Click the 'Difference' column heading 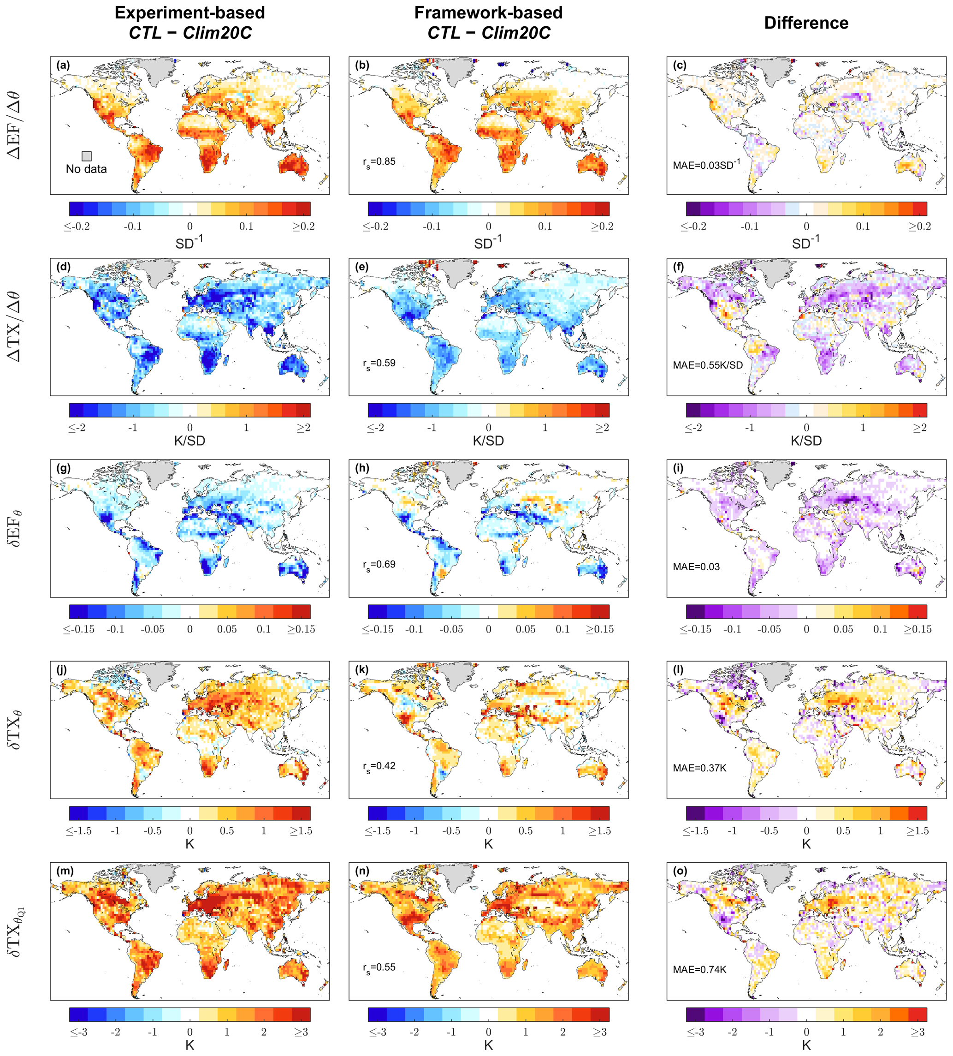tap(806, 23)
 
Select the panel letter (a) tap(63, 66)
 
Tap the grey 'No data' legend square tap(86, 156)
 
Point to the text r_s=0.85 tap(379, 162)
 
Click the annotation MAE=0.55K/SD tap(707, 365)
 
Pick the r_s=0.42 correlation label tap(379, 766)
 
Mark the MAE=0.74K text tap(699, 970)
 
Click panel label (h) tap(362, 468)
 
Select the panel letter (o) tap(680, 871)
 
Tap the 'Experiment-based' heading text tap(189, 12)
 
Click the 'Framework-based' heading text tap(488, 12)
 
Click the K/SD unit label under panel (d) tap(189, 441)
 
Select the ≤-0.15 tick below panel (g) tap(79, 630)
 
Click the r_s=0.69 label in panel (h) tap(379, 565)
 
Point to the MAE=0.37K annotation tap(699, 768)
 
